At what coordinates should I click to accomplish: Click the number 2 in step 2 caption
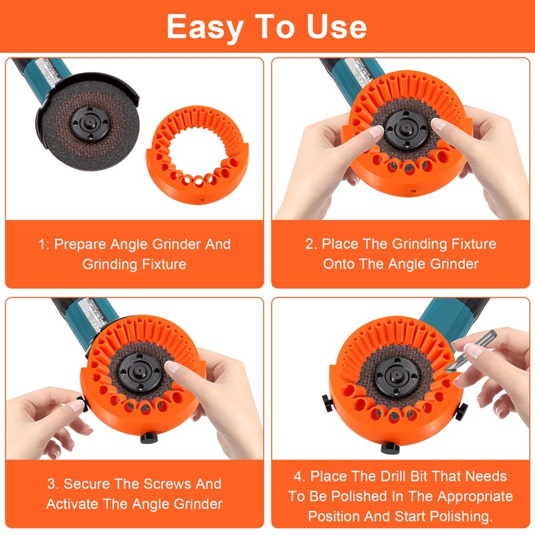click(310, 243)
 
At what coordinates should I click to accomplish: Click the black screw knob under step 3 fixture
click(148, 439)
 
